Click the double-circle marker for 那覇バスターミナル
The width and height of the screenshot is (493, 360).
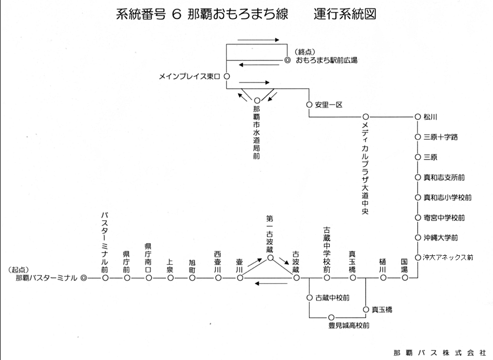[x=83, y=278]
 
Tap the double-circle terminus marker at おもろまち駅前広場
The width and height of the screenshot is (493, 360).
[x=287, y=60]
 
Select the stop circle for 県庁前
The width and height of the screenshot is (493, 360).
[x=127, y=278]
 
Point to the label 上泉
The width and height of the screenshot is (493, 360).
[x=170, y=266]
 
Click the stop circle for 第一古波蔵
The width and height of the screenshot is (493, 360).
[x=270, y=258]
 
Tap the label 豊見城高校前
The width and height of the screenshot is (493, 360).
[x=349, y=325]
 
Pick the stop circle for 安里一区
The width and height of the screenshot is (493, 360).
[x=309, y=105]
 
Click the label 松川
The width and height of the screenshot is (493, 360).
[x=431, y=117]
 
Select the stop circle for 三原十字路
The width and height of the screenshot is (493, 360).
[x=417, y=137]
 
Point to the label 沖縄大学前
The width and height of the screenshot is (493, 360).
[x=440, y=238]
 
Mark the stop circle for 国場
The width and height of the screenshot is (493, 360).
[x=405, y=278]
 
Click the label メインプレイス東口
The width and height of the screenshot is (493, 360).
[x=190, y=77]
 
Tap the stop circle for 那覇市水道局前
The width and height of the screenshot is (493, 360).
[x=257, y=101]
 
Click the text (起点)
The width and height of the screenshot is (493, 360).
[x=18, y=270]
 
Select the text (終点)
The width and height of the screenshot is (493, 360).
[x=305, y=52]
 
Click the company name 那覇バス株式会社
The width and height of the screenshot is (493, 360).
[x=439, y=353]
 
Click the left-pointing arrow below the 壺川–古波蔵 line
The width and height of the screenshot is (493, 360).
[x=271, y=283]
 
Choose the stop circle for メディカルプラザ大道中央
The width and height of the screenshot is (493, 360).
[x=365, y=117]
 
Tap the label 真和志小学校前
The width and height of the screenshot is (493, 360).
[x=447, y=197]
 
